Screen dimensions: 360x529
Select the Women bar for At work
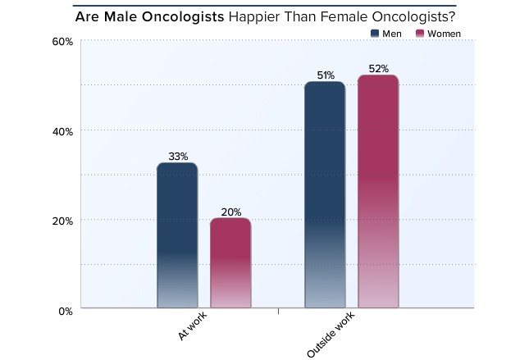(230, 264)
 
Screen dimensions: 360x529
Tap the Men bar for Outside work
(325, 196)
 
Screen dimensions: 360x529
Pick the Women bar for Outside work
(378, 193)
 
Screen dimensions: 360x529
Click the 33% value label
(178, 156)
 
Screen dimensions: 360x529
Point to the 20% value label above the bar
(230, 211)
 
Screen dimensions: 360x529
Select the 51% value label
(326, 75)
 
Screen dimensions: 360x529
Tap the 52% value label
(378, 69)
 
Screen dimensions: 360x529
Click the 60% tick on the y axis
(63, 41)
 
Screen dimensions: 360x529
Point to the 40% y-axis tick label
(63, 130)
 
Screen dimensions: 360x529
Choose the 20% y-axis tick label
(63, 221)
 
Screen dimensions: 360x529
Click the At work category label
(191, 328)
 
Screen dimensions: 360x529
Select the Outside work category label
(326, 336)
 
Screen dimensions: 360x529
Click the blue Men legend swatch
(375, 33)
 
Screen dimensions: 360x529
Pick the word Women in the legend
(445, 33)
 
